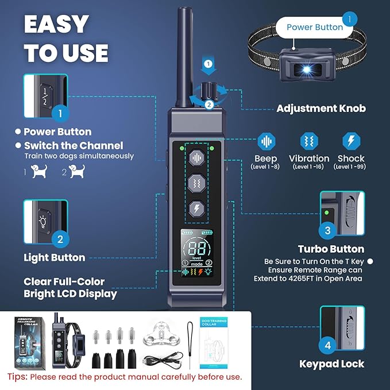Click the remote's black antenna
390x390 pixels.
(186, 57)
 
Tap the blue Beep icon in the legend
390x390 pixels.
(265, 141)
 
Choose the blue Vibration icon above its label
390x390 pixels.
(308, 141)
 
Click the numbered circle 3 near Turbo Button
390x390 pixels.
(327, 231)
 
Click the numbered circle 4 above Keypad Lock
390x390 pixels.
(327, 346)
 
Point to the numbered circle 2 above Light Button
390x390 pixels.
(60, 238)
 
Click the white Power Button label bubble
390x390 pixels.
(315, 26)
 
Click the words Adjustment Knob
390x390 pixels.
(321, 108)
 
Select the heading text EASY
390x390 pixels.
(57, 25)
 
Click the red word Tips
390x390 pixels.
(18, 377)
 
